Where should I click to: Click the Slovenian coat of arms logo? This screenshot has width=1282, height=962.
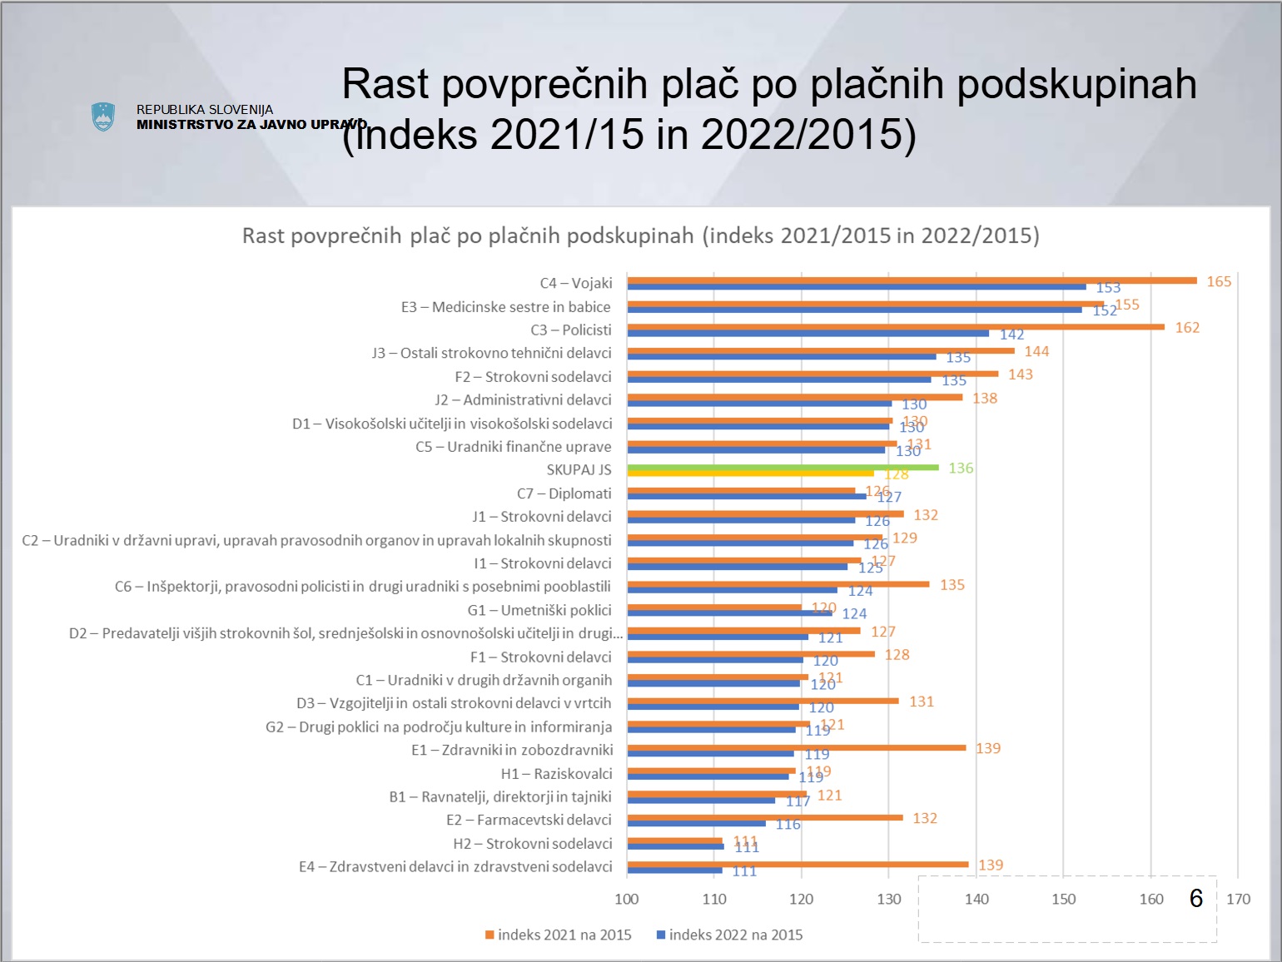click(x=102, y=117)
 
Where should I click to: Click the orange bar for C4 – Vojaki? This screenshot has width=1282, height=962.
click(x=912, y=280)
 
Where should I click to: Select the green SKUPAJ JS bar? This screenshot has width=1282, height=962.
click(x=783, y=468)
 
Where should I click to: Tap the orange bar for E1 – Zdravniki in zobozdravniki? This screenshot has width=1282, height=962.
click(x=797, y=747)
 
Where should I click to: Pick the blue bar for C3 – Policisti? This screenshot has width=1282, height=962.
click(x=807, y=334)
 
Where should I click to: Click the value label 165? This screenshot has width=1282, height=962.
click(x=1219, y=281)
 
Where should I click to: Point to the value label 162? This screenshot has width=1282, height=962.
click(x=1187, y=328)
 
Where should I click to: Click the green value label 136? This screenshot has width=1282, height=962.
click(x=961, y=469)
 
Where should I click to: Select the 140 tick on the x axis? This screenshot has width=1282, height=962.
click(x=976, y=899)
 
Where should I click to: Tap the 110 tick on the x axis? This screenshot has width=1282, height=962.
click(x=714, y=899)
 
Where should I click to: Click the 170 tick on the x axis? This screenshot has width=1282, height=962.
click(x=1238, y=899)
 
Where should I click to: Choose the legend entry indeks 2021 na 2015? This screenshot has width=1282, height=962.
click(x=559, y=935)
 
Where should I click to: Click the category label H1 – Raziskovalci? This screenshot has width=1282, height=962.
click(x=556, y=774)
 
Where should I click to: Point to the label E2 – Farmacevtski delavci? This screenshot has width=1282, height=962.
click(x=529, y=821)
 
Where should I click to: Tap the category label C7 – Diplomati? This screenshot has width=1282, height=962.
click(x=564, y=493)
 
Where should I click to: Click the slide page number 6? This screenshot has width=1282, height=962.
click(x=1196, y=898)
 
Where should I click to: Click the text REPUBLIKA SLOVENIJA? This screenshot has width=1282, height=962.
click(x=205, y=110)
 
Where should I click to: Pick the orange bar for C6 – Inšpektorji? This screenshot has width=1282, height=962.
click(x=778, y=584)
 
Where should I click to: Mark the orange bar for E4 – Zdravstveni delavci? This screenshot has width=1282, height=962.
click(x=798, y=864)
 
